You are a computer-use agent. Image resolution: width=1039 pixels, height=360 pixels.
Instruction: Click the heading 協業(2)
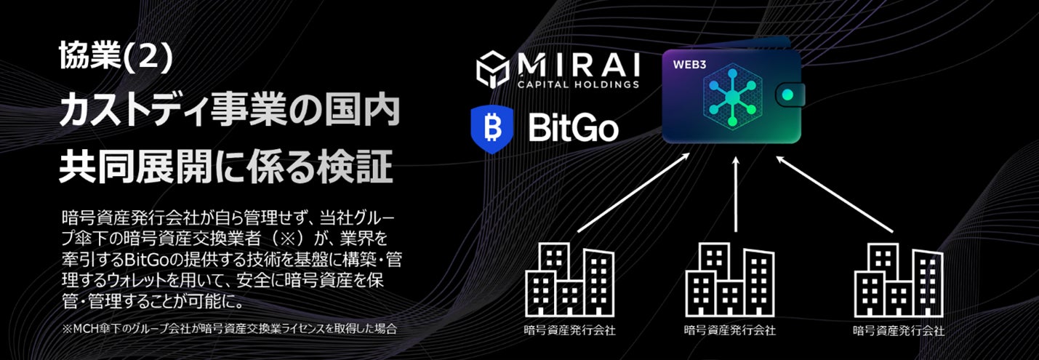(116, 57)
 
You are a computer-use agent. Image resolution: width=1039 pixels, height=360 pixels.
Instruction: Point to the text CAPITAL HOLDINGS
(579, 84)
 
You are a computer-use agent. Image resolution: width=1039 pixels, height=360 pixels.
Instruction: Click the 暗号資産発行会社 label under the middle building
(730, 330)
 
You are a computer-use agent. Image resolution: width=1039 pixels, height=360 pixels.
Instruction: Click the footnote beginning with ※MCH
(230, 329)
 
